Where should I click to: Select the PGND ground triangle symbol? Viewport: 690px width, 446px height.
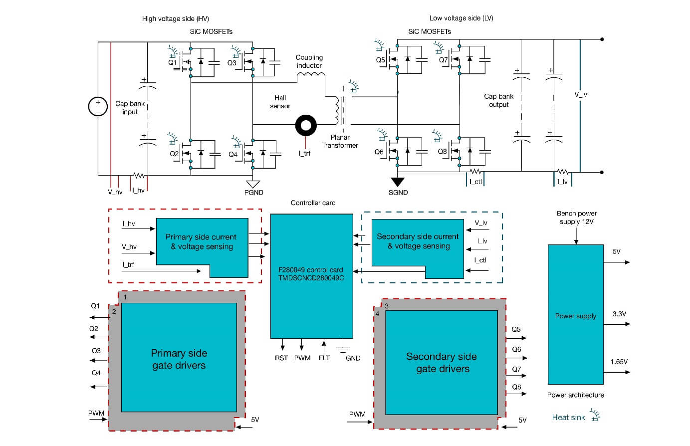click(253, 184)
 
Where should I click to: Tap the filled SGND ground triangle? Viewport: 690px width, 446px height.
click(398, 182)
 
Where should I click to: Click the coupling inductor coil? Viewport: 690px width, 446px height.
click(311, 76)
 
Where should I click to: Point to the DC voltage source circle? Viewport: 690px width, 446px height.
click(98, 106)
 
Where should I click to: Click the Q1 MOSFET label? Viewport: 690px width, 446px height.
click(172, 63)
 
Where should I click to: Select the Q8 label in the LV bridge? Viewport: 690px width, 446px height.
click(442, 151)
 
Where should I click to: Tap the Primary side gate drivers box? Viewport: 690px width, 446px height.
click(179, 359)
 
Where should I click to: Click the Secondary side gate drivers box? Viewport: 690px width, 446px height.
click(442, 363)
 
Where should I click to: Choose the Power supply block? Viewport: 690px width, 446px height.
click(576, 315)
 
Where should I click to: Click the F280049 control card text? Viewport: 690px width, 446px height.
click(311, 273)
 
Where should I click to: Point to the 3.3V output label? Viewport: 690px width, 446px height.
click(619, 314)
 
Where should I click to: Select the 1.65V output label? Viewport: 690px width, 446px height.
click(619, 362)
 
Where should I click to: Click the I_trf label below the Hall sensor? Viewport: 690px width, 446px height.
click(304, 153)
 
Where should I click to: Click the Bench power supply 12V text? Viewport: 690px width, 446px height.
click(577, 218)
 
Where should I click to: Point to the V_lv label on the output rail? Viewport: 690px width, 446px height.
click(581, 94)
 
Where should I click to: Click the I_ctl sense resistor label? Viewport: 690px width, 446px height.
click(475, 182)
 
